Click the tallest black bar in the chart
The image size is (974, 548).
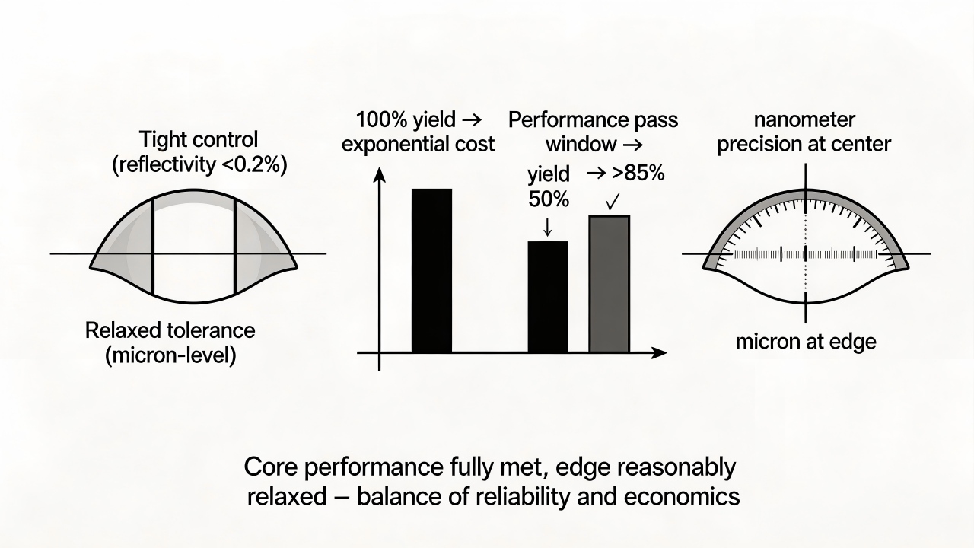[431, 270]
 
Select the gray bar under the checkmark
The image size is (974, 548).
[610, 284]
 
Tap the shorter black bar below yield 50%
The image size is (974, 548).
[548, 297]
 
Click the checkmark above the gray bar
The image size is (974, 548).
[613, 202]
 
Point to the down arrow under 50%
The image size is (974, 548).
[547, 226]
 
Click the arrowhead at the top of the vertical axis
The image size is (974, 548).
[380, 174]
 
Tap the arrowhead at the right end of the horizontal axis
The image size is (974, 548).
[659, 352]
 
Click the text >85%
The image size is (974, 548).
[638, 174]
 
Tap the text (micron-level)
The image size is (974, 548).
[171, 356]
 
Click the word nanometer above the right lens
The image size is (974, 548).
[804, 120]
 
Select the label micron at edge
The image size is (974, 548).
[806, 342]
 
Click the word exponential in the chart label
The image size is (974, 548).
[388, 145]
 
